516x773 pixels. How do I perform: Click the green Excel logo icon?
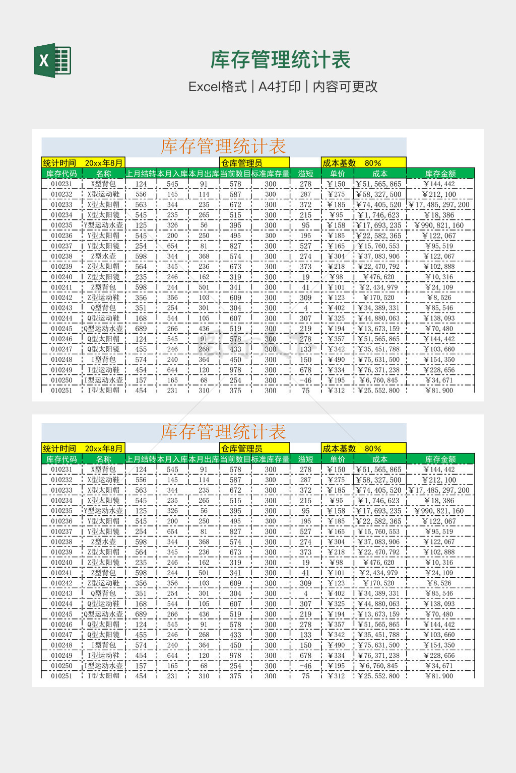(52, 60)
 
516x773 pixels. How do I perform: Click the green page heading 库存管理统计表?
(280, 60)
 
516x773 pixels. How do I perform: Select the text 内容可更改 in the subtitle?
(345, 87)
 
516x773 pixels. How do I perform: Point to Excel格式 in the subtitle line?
(217, 87)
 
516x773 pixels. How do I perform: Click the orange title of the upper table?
(223, 146)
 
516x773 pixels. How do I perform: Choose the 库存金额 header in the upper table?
(440, 174)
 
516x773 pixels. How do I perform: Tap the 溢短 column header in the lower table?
(305, 459)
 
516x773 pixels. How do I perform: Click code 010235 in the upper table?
(61, 225)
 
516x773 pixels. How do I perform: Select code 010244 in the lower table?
(61, 604)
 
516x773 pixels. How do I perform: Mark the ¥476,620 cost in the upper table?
(379, 277)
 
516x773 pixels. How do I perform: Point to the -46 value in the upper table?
(305, 380)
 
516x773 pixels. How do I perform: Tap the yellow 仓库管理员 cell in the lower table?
(242, 448)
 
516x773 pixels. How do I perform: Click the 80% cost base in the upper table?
(373, 163)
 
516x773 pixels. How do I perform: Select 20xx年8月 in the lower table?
(104, 448)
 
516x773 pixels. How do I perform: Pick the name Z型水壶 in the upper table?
(103, 257)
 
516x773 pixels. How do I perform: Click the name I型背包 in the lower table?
(103, 645)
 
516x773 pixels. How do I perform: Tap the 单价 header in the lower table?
(337, 459)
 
